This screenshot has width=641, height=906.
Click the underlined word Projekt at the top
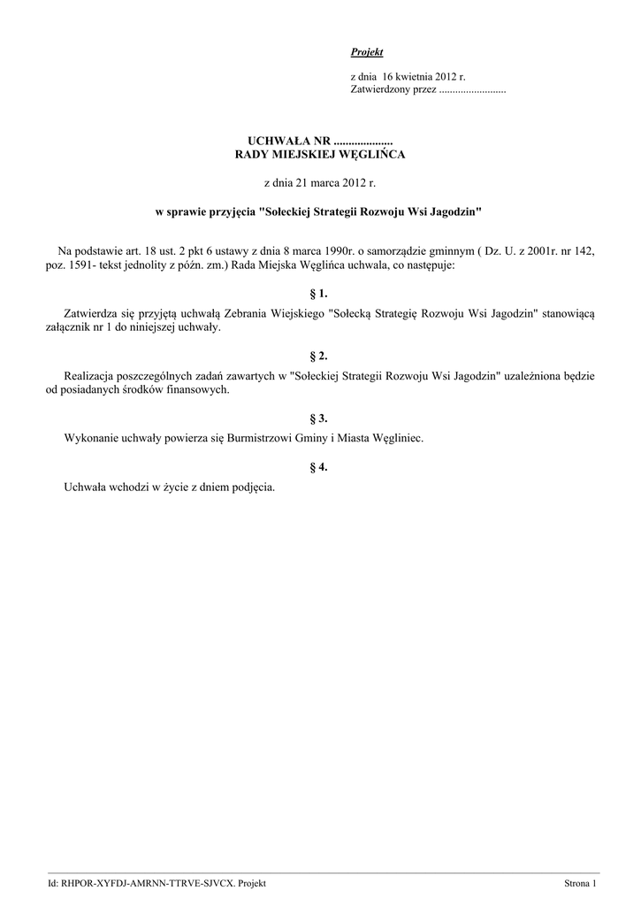click(x=367, y=53)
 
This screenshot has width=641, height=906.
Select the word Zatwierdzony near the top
click(x=378, y=90)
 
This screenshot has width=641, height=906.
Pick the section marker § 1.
click(x=319, y=293)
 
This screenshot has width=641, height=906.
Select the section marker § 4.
click(x=319, y=467)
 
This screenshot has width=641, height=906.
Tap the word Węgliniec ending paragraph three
click(x=397, y=439)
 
